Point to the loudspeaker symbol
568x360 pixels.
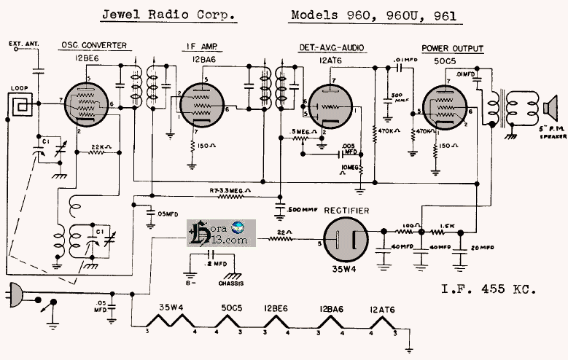(549, 109)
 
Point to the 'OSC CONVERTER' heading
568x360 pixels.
(93, 46)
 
